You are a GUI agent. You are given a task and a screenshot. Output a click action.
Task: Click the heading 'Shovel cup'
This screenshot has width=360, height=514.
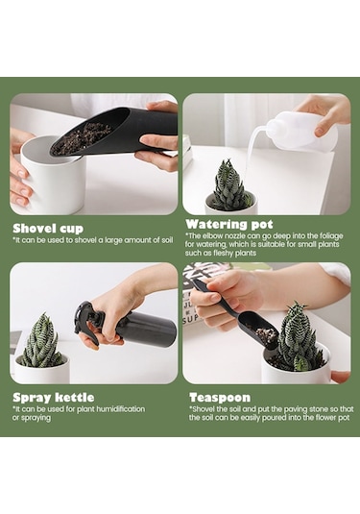[x=48, y=229]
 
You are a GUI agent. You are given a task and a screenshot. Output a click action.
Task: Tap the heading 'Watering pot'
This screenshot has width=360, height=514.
[x=229, y=224]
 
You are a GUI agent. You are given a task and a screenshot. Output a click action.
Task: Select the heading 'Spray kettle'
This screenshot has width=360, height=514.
[x=54, y=398]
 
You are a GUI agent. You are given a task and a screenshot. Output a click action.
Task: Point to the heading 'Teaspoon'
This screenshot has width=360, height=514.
[x=220, y=398]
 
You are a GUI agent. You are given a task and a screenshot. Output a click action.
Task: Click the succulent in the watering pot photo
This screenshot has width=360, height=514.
[x=230, y=185]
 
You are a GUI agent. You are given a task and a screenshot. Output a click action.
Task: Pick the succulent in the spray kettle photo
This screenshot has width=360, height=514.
[x=41, y=342]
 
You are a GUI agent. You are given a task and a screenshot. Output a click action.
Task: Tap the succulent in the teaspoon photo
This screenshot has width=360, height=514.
[x=297, y=337]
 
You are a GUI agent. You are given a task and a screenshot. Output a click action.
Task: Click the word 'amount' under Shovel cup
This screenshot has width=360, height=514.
[x=127, y=240]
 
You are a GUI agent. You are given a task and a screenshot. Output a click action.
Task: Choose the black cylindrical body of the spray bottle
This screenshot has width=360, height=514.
[x=149, y=329]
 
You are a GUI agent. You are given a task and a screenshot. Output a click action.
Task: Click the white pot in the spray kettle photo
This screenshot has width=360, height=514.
[x=42, y=371]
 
